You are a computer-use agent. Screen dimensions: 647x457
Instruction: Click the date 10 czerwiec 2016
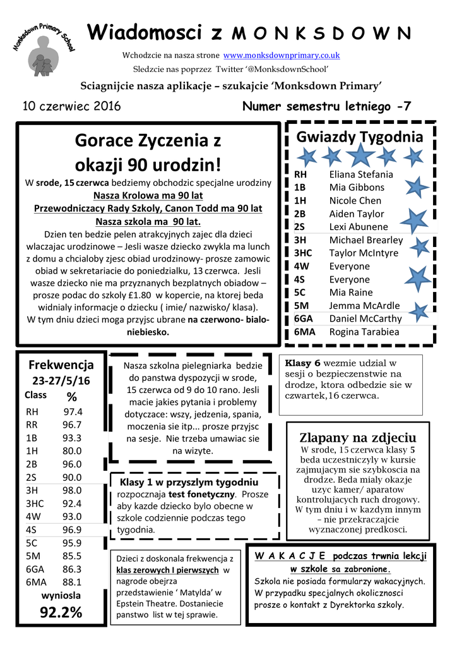coord(71,106)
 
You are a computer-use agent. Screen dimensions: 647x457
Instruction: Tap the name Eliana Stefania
coord(361,174)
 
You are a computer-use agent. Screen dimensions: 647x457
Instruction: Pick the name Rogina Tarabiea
coord(364,332)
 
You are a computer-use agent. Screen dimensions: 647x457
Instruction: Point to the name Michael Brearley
coord(365,240)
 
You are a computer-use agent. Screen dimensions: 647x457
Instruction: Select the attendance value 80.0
coord(72,451)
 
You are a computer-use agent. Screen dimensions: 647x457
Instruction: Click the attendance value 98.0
coord(72,490)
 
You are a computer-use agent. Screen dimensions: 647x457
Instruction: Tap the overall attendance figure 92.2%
coord(61,613)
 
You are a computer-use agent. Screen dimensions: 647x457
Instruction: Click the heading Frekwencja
coord(61,365)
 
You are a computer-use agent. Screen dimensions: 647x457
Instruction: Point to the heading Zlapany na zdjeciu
coord(357,438)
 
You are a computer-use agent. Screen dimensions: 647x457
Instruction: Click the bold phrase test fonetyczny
coord(201,495)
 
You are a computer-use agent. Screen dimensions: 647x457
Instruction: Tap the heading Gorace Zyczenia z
coord(148,140)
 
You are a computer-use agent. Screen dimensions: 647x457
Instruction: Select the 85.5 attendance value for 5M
coord(72,556)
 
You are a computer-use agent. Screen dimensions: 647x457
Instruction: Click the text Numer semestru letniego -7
coord(326,107)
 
